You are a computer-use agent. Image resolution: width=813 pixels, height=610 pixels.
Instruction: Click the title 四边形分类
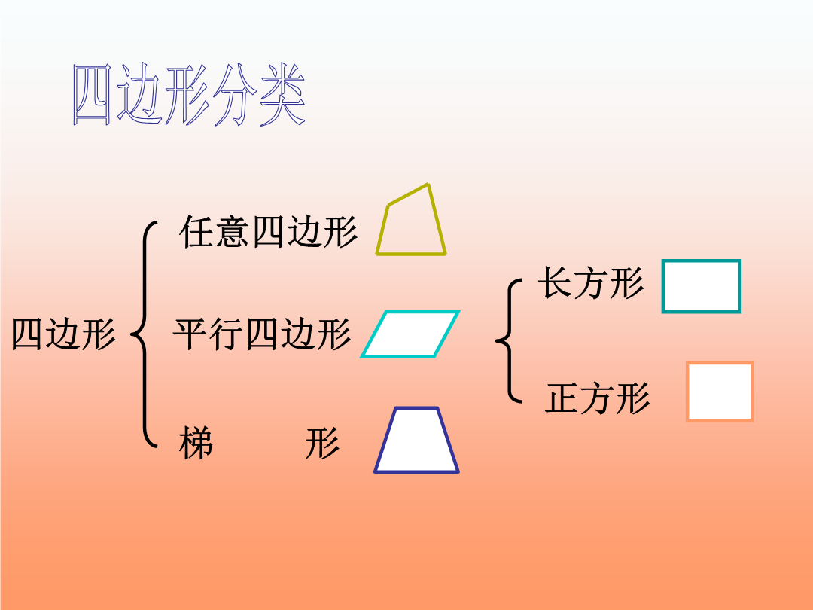click(189, 95)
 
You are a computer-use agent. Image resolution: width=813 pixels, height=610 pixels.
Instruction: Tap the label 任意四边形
click(268, 232)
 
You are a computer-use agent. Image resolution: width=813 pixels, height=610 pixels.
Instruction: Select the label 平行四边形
click(263, 334)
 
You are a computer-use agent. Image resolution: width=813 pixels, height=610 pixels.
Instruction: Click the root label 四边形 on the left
click(63, 334)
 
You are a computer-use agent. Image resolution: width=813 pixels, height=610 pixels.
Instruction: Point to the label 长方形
click(591, 283)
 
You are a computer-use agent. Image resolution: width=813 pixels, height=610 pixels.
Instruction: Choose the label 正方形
click(597, 398)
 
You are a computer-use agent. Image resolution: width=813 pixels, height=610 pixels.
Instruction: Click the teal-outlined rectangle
click(663, 286)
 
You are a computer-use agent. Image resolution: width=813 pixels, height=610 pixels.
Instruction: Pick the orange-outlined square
click(688, 392)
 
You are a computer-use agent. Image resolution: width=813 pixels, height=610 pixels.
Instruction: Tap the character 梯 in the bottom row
click(196, 444)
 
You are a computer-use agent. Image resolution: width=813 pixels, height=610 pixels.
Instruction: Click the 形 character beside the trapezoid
click(322, 444)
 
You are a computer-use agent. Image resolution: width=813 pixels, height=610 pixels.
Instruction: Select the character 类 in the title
click(282, 95)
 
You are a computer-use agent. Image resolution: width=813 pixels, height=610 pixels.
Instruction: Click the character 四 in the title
click(93, 95)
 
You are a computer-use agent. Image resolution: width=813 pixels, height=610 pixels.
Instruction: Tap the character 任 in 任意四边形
click(196, 232)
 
